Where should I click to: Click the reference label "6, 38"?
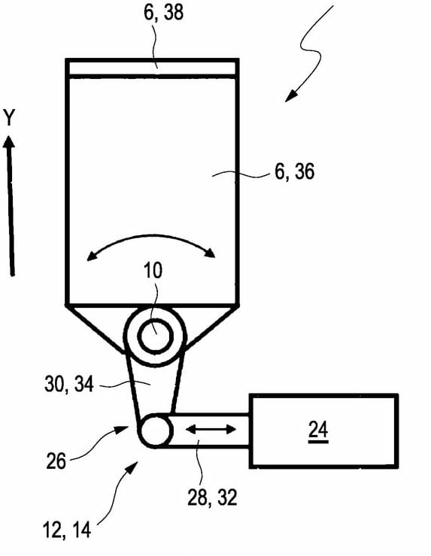pos(164,12)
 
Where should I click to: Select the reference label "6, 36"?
pos(295,171)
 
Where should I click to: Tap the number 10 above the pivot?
pos(153,270)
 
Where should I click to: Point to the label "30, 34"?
pos(69,384)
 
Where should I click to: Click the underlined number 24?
pos(318,430)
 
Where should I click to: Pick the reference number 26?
pos(56,461)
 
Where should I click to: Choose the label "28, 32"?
pos(212,497)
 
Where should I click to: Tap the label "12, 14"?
pos(67,530)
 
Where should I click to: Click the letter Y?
pos(10,118)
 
